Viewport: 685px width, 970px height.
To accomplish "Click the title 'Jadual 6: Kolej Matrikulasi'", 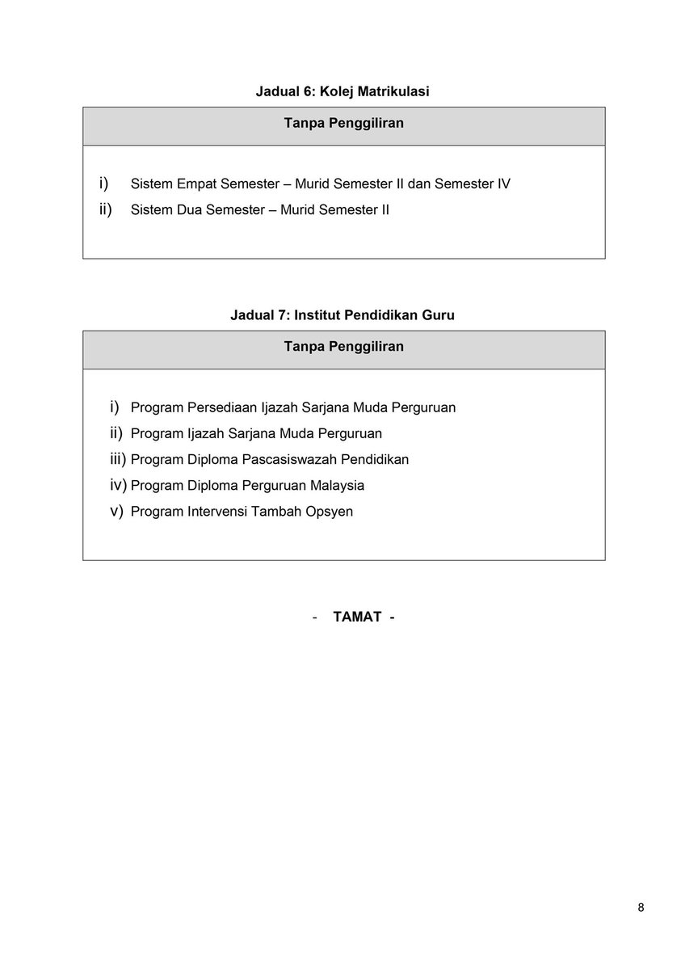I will tap(342, 92).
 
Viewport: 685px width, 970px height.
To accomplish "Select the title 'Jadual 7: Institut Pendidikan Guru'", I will tap(342, 315).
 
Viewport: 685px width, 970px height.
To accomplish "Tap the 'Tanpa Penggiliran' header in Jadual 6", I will tap(343, 124).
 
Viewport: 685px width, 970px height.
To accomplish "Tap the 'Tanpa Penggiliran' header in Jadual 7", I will tap(343, 347).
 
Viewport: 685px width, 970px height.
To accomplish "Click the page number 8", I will tap(641, 907).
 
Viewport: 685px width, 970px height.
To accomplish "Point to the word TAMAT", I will tap(357, 618).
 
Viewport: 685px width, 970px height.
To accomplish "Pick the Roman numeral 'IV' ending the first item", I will tap(502, 184).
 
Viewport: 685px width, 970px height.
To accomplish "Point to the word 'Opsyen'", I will tap(329, 512).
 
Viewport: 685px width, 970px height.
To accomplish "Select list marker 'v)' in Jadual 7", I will tap(116, 511).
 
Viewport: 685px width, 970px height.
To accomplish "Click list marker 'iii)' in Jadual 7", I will tap(118, 459).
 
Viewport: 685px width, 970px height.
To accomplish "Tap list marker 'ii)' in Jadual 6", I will tap(105, 209).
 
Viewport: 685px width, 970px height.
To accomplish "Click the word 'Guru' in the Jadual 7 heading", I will tap(439, 315).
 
